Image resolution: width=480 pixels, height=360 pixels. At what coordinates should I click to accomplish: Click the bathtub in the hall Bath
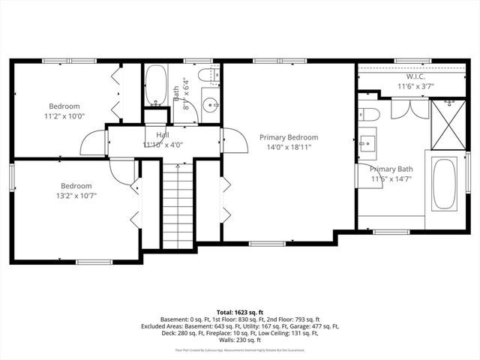coord(156,87)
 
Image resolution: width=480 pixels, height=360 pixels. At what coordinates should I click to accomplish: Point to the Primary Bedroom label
coord(289,137)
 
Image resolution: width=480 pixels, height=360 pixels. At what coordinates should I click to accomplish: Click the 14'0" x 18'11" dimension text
coord(289,147)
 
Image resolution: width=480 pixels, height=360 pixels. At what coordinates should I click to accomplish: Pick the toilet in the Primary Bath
coord(370,112)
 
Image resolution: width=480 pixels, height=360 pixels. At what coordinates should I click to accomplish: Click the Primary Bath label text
coord(391,169)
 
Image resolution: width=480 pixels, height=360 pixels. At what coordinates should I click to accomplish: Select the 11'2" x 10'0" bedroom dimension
coord(64,116)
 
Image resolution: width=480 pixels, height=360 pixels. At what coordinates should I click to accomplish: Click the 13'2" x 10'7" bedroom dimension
coord(76,196)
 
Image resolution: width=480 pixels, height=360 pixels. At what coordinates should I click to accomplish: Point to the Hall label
coord(162,135)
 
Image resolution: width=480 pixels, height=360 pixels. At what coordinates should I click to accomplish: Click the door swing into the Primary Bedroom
coord(229,139)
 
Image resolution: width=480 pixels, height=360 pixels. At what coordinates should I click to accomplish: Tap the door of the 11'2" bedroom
coord(94,142)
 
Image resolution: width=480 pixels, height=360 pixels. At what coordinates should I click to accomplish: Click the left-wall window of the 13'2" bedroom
coord(12,175)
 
